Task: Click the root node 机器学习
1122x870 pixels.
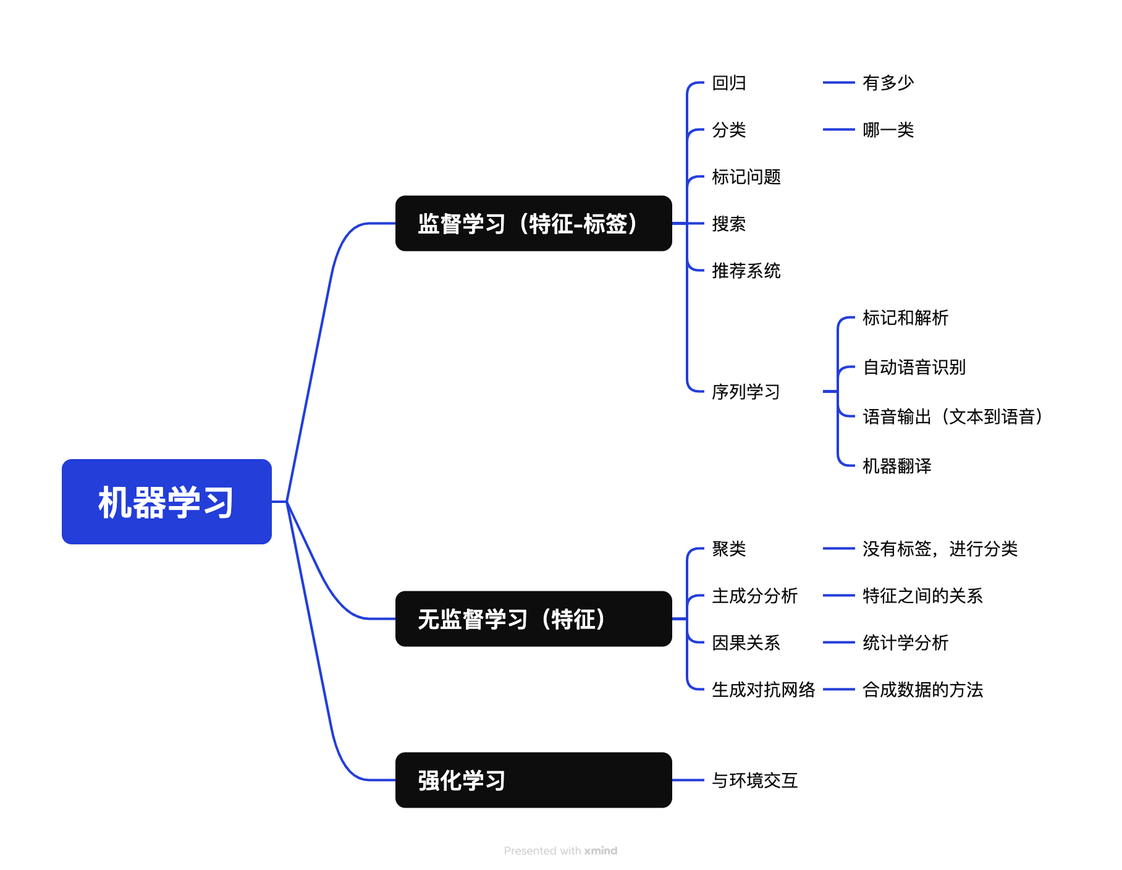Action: (166, 502)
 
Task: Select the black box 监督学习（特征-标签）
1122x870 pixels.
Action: (533, 224)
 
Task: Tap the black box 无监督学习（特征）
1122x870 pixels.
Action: (533, 619)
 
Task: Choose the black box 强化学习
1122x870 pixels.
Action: (533, 780)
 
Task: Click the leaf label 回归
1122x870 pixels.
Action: (729, 83)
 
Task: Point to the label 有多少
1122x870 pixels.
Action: (888, 83)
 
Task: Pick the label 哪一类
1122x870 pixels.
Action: (888, 130)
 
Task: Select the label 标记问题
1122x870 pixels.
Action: (746, 177)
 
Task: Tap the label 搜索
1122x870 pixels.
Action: (729, 224)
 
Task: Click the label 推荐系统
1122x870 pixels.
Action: (746, 271)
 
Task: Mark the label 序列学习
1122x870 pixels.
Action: (746, 392)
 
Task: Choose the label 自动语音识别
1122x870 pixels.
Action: (914, 367)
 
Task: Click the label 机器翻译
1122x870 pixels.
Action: (896, 466)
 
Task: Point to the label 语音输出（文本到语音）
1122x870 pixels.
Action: (952, 416)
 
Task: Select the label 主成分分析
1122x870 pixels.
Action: (754, 596)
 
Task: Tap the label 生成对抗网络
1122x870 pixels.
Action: (763, 690)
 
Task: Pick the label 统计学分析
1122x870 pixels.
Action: (905, 643)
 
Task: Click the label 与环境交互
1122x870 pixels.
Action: (754, 780)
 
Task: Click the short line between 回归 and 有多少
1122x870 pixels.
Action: (838, 82)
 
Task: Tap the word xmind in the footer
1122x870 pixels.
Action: (601, 851)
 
